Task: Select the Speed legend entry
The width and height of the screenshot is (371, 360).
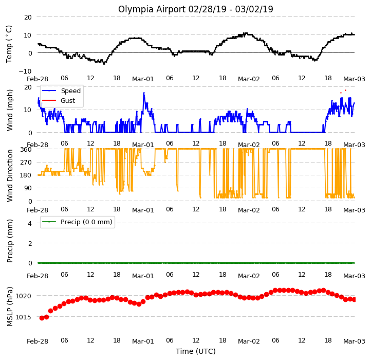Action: point(61,91)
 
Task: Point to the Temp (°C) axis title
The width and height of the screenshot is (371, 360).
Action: point(9,44)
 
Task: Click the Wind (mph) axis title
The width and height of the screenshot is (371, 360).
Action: point(10,110)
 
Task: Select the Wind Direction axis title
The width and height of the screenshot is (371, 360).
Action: point(10,175)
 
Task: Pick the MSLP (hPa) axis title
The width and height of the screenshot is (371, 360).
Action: point(10,307)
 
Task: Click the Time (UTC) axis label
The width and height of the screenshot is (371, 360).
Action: point(196,351)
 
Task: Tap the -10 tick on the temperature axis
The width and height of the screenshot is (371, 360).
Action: point(25,71)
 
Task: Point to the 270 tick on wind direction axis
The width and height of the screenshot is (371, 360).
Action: point(26,163)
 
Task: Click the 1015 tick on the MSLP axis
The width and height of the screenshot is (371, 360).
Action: point(24,317)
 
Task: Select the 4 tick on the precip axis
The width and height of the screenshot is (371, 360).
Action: point(30,223)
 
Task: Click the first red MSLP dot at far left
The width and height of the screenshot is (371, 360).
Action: point(42,318)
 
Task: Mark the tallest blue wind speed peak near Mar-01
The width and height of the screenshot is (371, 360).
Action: point(144,93)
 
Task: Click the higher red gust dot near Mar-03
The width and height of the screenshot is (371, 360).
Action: point(345,90)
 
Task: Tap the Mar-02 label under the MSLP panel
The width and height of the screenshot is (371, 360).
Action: point(249,341)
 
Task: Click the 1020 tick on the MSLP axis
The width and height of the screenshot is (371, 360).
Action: point(24,296)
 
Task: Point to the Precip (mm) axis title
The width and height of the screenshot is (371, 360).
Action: point(10,241)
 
